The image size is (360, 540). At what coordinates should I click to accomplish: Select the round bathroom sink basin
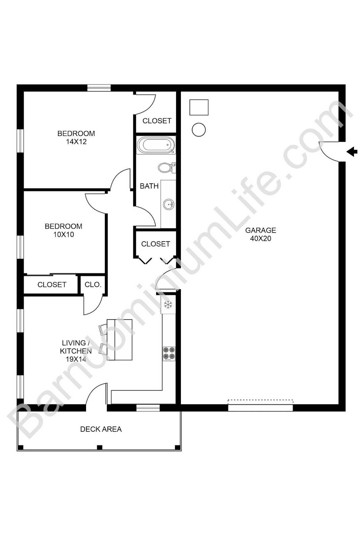pyautogui.click(x=168, y=204)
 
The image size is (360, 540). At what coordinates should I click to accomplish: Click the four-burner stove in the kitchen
pyautogui.click(x=169, y=353)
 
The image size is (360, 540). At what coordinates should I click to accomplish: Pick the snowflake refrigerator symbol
pyautogui.click(x=168, y=305)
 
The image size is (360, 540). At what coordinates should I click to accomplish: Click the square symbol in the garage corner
pyautogui.click(x=199, y=107)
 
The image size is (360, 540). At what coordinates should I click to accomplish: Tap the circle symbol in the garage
pyautogui.click(x=199, y=130)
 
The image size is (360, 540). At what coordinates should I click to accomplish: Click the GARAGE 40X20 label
pyautogui.click(x=260, y=234)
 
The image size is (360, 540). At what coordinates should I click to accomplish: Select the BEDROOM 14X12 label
pyautogui.click(x=76, y=137)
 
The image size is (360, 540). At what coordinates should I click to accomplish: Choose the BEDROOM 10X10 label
pyautogui.click(x=63, y=230)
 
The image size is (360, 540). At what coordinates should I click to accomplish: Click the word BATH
pyautogui.click(x=149, y=186)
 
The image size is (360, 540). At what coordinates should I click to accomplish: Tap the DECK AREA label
pyautogui.click(x=101, y=429)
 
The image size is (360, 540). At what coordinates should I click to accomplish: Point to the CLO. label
pyautogui.click(x=93, y=285)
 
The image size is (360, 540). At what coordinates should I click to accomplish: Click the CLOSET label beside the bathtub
pyautogui.click(x=157, y=121)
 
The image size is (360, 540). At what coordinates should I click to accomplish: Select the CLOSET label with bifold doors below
pyautogui.click(x=156, y=244)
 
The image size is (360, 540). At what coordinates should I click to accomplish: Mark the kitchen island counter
pyautogui.click(x=119, y=340)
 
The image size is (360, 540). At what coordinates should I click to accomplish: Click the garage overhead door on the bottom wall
pyautogui.click(x=260, y=407)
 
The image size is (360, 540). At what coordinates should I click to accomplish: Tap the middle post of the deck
pyautogui.click(x=100, y=448)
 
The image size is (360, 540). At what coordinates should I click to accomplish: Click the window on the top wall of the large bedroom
pyautogui.click(x=99, y=88)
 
